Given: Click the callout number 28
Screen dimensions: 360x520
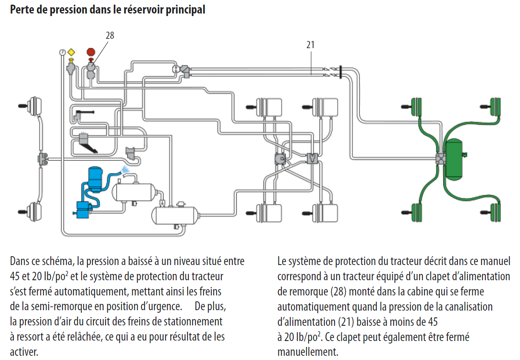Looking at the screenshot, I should tap(110, 36).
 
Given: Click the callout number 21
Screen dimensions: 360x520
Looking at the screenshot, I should tap(310, 45).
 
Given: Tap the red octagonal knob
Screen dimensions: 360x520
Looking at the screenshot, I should tap(91, 52).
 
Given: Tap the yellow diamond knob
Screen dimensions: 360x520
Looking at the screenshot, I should tap(71, 52).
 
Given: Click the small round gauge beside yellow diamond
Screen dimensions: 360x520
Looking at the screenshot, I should tap(63, 52).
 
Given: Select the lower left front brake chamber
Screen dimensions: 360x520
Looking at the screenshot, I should tap(30, 210).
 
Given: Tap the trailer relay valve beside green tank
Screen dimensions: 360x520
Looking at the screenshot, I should tap(441, 159).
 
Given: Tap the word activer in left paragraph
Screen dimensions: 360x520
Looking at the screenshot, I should tap(24, 352).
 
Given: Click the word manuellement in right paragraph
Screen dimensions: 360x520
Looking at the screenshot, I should tap(308, 352).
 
